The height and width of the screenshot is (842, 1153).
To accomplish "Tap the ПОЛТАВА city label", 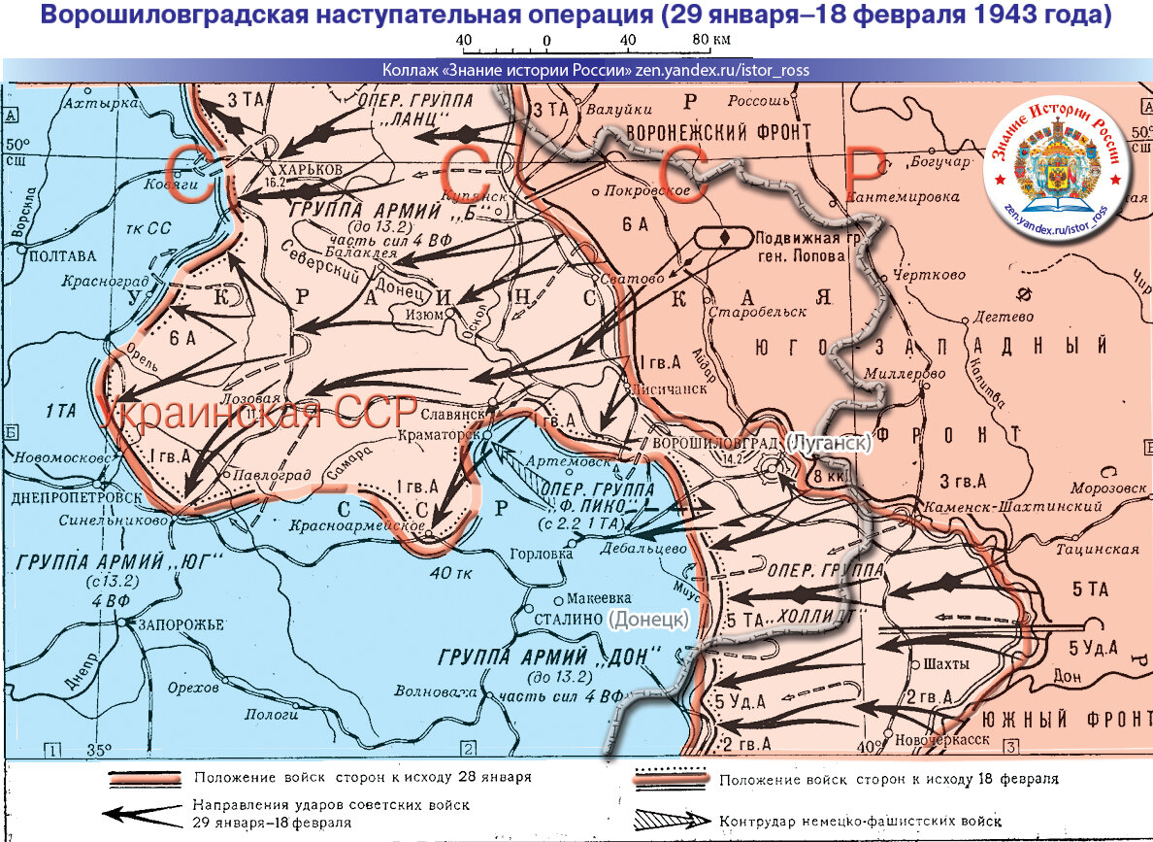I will (x=64, y=256).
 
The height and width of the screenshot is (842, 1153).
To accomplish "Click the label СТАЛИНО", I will (x=568, y=618).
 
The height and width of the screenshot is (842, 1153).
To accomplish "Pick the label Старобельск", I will (x=758, y=312).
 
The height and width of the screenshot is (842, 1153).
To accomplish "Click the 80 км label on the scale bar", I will (x=709, y=40).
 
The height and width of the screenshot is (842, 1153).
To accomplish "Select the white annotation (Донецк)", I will (x=650, y=618).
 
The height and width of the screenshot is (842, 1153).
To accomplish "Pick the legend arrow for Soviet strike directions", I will (x=144, y=814).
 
